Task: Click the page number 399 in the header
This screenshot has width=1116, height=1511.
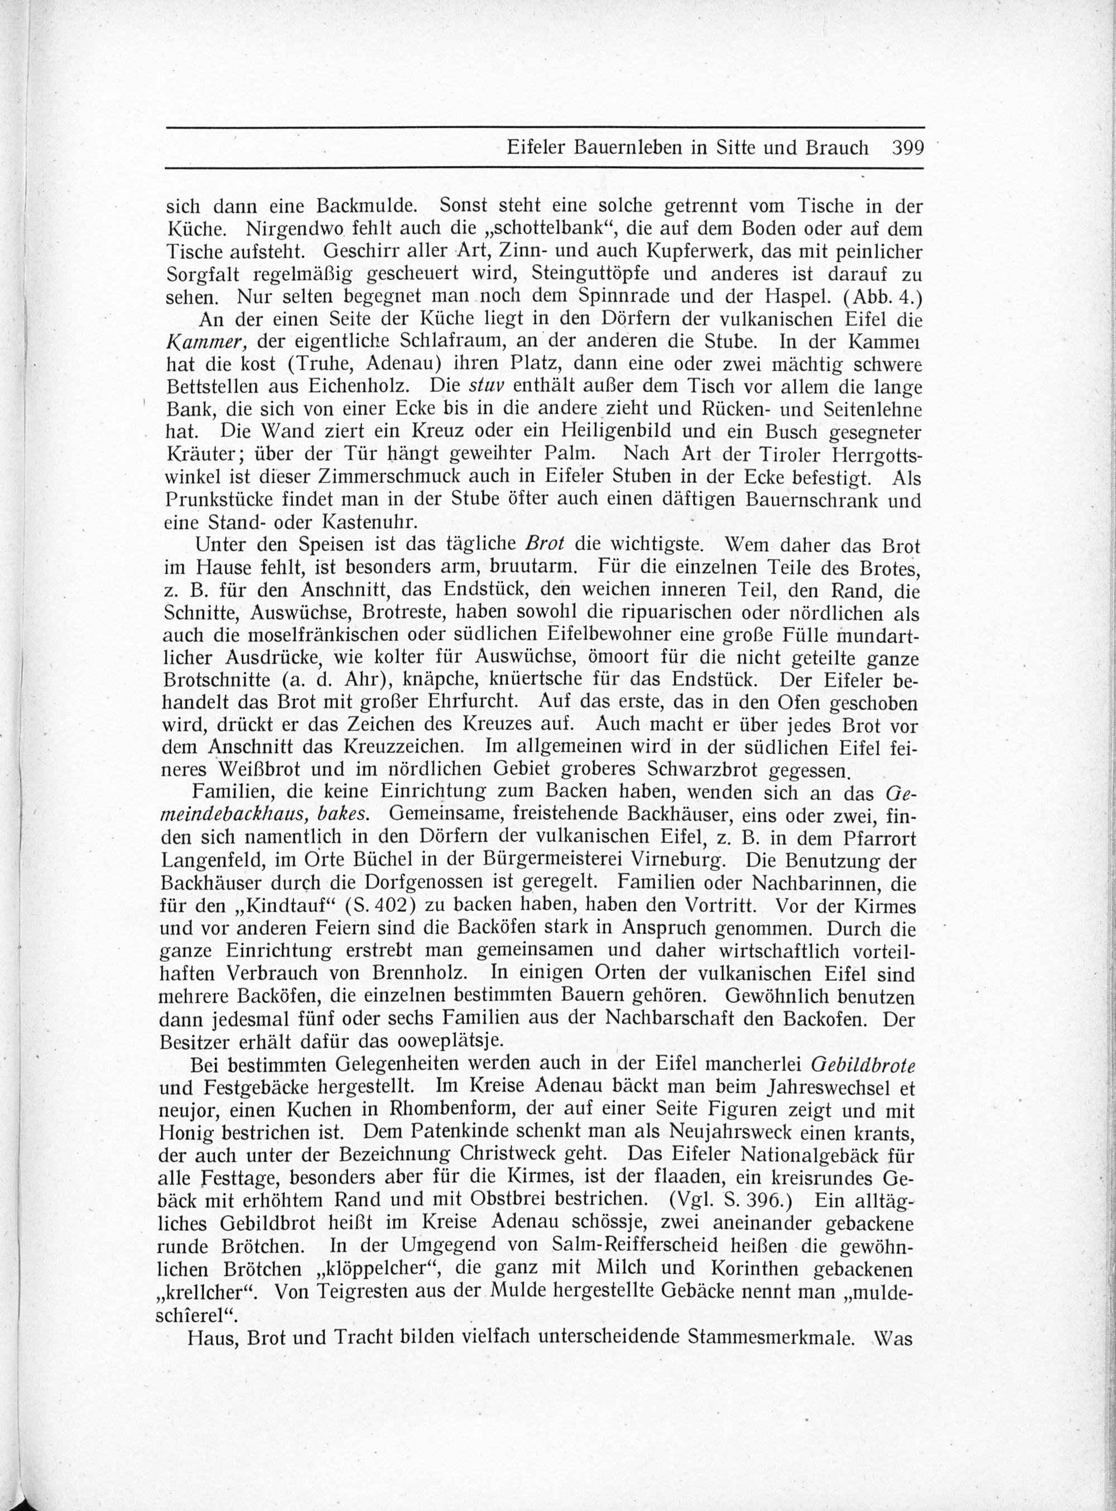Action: pos(907,148)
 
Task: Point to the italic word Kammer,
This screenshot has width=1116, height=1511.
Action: pos(199,343)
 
